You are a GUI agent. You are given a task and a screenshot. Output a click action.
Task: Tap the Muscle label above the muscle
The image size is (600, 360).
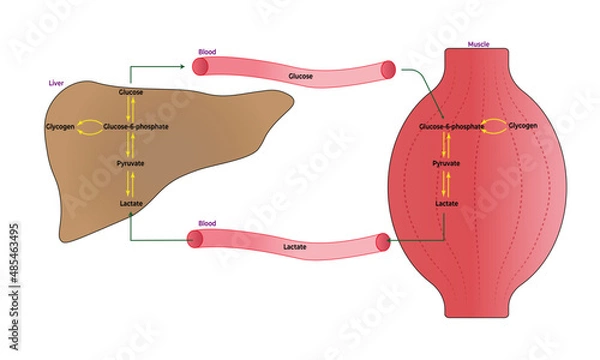pyautogui.click(x=478, y=45)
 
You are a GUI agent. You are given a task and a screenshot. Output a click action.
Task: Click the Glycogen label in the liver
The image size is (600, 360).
pyautogui.click(x=60, y=127)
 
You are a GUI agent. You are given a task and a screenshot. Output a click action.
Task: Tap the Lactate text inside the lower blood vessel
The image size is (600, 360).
pyautogui.click(x=295, y=244)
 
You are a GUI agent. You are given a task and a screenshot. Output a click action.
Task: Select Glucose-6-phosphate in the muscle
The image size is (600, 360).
pyautogui.click(x=451, y=127)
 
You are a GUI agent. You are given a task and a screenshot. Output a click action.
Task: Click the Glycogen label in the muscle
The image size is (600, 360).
pyautogui.click(x=523, y=127)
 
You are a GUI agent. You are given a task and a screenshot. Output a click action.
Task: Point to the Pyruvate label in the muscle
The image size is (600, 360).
pyautogui.click(x=447, y=161)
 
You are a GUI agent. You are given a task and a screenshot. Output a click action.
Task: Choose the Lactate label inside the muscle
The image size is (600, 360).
pyautogui.click(x=447, y=204)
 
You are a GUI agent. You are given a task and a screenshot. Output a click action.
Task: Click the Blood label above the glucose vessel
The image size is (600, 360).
pyautogui.click(x=207, y=51)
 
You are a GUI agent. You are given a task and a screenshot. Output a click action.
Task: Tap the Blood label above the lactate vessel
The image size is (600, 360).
pyautogui.click(x=207, y=224)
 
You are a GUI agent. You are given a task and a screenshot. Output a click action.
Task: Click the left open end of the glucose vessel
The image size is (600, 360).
pyautogui.click(x=200, y=67)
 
